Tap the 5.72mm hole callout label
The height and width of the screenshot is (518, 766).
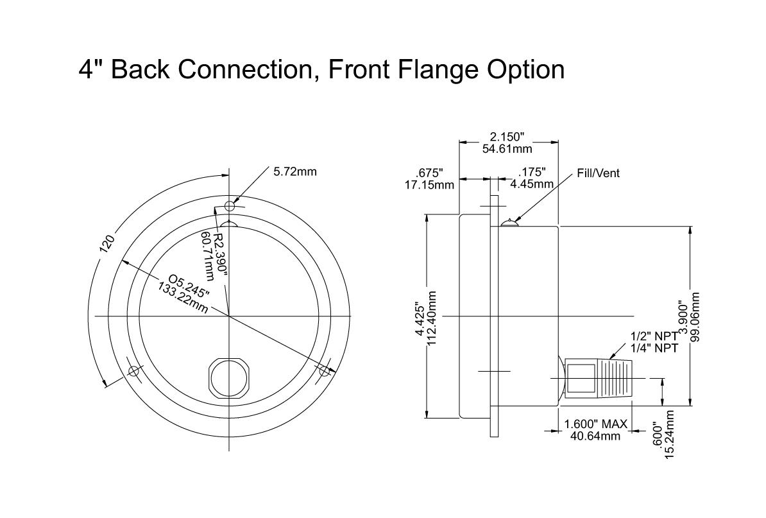pos(294,171)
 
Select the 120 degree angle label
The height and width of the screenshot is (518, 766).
pos(107,244)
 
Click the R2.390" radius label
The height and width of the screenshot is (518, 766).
pos(220,254)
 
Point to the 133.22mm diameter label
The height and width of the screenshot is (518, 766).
pos(183,298)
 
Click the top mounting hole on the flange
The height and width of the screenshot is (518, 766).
pos(230,205)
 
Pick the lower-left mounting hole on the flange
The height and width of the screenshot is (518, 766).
pos(133,372)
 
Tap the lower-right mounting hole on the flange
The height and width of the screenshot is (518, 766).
pos(325,372)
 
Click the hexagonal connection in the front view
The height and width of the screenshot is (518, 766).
pos(229,377)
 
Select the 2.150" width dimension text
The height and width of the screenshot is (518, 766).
pos(507,137)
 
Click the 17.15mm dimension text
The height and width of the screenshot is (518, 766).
pos(429,185)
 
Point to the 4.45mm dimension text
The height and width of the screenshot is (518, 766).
pos(532,184)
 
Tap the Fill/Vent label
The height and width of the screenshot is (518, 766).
pos(598,173)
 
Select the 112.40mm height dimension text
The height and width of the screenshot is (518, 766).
pos(432,318)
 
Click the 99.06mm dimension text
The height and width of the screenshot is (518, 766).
pos(696,317)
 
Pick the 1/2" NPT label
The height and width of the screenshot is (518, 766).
pos(654,336)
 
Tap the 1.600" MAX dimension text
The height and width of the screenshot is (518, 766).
pos(595,424)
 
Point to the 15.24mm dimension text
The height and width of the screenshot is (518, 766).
pos(670,434)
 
